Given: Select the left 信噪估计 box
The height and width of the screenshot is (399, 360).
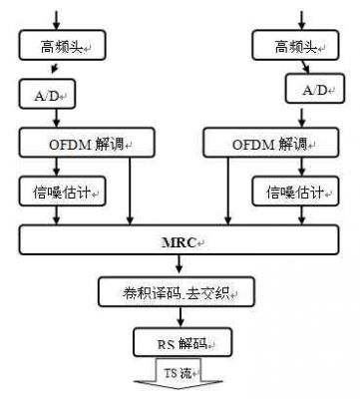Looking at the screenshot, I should tap(61, 189).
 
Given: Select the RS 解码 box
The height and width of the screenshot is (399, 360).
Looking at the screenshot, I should tap(179, 344).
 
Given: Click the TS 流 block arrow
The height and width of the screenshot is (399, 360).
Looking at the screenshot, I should tap(179, 378).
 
